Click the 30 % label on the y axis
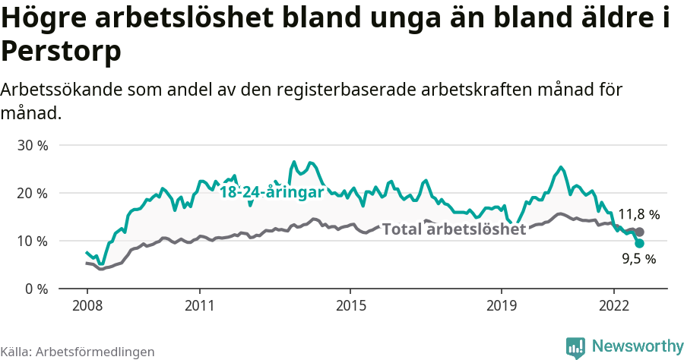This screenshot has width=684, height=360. (x=32, y=145)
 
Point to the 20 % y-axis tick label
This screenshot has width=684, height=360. (x=32, y=193)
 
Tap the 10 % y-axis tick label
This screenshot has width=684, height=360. (x=32, y=241)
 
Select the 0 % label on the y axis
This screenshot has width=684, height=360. (x=36, y=289)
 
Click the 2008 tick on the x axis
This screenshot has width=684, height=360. (x=87, y=305)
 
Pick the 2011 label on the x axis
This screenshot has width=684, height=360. (x=199, y=305)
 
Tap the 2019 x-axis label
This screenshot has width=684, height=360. (x=501, y=305)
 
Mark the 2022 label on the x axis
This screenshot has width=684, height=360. (x=613, y=305)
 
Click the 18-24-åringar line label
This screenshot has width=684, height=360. (x=272, y=192)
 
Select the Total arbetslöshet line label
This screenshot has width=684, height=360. (x=453, y=229)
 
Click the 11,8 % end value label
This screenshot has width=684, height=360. (x=638, y=214)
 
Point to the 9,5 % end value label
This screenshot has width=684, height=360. (x=638, y=259)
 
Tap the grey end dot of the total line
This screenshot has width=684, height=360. (x=640, y=232)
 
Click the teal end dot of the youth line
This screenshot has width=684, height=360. (x=640, y=243)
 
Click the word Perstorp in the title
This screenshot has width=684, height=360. (x=61, y=52)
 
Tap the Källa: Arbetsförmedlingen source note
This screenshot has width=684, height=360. (x=78, y=352)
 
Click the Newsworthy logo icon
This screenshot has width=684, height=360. (x=575, y=347)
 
